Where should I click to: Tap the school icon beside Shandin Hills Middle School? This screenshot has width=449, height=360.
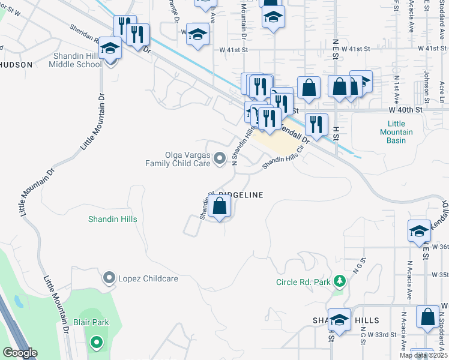tap(110, 47)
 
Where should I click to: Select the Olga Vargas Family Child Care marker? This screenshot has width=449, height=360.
tap(220, 158)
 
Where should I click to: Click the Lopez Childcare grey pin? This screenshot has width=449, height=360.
tap(109, 277)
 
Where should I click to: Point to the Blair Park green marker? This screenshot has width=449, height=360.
tap(96, 343)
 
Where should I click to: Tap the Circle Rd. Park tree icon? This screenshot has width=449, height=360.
tap(340, 281)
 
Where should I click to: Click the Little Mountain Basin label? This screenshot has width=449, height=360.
tap(396, 132)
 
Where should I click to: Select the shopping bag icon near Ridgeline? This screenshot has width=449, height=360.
tap(220, 207)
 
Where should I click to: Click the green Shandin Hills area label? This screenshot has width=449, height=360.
tap(113, 220)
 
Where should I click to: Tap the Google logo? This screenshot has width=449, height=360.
tap(20, 353)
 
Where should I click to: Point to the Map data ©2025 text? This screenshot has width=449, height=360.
tap(423, 355)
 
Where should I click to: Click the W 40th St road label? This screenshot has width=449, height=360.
tap(406, 110)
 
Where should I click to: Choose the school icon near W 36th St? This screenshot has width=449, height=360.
tap(419, 231)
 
